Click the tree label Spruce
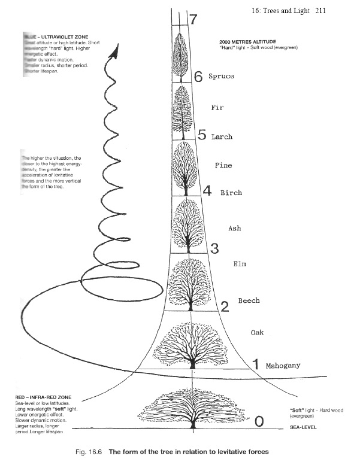tap(221, 77)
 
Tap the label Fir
tap(217, 108)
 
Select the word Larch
tap(222, 137)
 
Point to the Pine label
tap(223, 165)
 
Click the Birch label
tap(231, 193)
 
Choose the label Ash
tap(235, 228)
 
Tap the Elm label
tap(239, 263)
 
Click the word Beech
tap(249, 300)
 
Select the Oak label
tap(258, 333)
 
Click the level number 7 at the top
tap(193, 19)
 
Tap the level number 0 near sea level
tap(259, 422)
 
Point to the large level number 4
tap(207, 192)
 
